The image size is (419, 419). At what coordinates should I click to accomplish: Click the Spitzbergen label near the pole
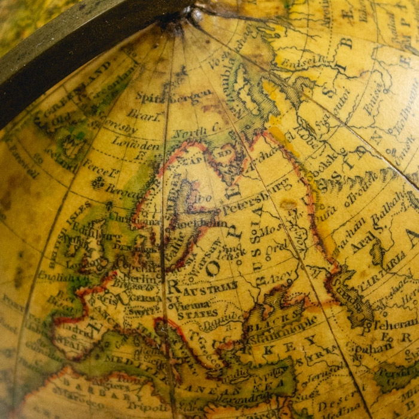[173, 96]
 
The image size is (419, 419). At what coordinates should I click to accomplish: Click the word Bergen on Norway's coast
[122, 190]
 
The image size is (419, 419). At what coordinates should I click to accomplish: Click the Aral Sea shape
[378, 252]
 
